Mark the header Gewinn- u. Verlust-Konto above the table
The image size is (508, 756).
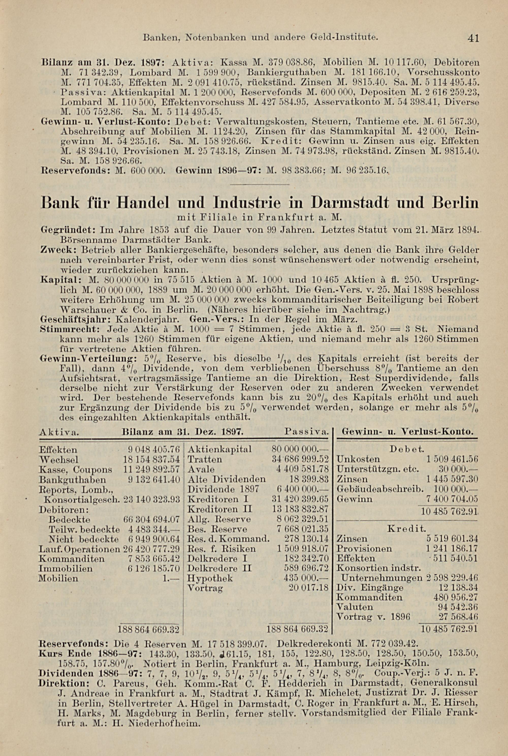coord(407,432)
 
